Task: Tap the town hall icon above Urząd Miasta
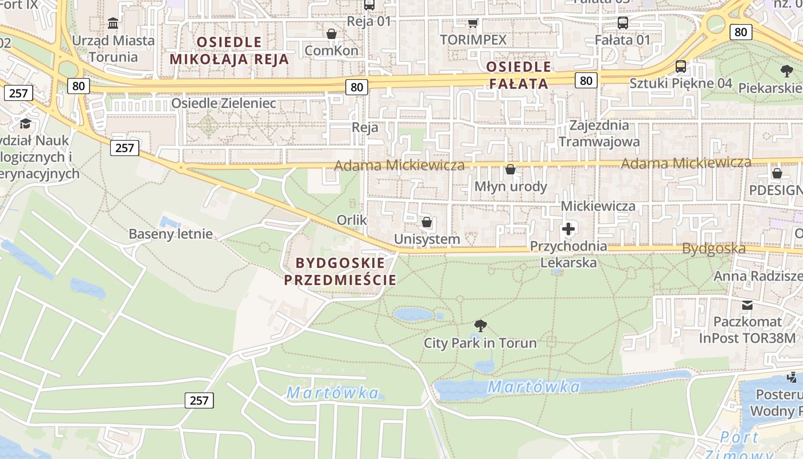click(x=113, y=24)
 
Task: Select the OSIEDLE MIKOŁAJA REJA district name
click(x=229, y=50)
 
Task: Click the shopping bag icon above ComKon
click(x=331, y=34)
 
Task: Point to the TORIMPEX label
click(x=473, y=40)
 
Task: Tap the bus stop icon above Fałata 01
click(x=622, y=23)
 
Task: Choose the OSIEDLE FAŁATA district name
click(x=518, y=75)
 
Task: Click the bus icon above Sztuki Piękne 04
click(x=681, y=66)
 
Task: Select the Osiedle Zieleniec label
click(x=224, y=103)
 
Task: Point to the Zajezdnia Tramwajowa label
click(x=599, y=133)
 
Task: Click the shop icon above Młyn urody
click(x=510, y=169)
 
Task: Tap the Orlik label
click(x=352, y=220)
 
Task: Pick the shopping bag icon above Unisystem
click(x=427, y=222)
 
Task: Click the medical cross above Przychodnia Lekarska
click(x=568, y=229)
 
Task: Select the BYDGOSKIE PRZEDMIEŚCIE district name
click(x=340, y=271)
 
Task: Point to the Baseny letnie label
click(x=170, y=234)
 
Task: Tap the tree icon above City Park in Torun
click(x=481, y=326)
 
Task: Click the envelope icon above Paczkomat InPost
click(x=747, y=305)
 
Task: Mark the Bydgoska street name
click(x=714, y=248)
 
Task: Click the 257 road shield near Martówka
click(x=199, y=400)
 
